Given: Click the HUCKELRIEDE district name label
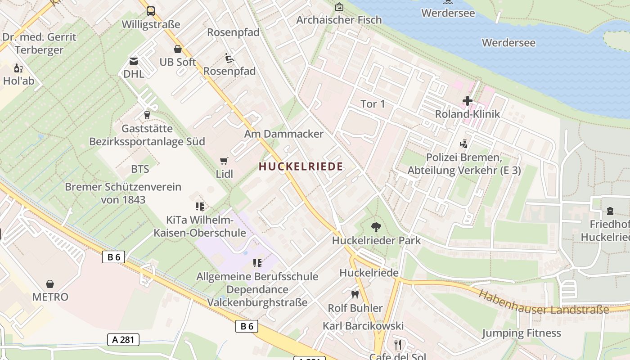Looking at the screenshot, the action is [x=301, y=166].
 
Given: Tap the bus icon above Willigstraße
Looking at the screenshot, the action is [x=150, y=11].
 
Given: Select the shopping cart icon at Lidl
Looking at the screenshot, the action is [x=224, y=161].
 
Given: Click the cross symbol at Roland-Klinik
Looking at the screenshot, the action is [x=468, y=101].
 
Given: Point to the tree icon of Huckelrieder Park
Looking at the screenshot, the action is [x=375, y=227].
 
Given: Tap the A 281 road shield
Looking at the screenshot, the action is [x=123, y=339].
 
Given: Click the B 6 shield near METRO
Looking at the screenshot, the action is [x=113, y=257].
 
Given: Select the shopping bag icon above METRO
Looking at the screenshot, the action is [x=50, y=284].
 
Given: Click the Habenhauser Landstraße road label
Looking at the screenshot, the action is [x=543, y=303].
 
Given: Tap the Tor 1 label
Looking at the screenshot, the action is [x=373, y=104].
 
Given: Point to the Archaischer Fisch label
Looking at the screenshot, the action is [x=339, y=20].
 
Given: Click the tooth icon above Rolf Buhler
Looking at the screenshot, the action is [x=355, y=295].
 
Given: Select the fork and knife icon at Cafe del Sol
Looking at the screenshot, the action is [x=397, y=345].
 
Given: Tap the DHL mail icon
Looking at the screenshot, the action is [x=134, y=61].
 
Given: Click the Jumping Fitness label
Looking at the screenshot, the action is [x=521, y=333].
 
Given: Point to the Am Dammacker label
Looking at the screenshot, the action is [x=283, y=134].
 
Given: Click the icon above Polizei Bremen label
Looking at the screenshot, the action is [x=463, y=144].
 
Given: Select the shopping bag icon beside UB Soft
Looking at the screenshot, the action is [x=178, y=49].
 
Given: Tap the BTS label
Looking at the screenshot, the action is [x=140, y=169].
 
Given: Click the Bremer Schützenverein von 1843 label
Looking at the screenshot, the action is [x=123, y=193].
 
